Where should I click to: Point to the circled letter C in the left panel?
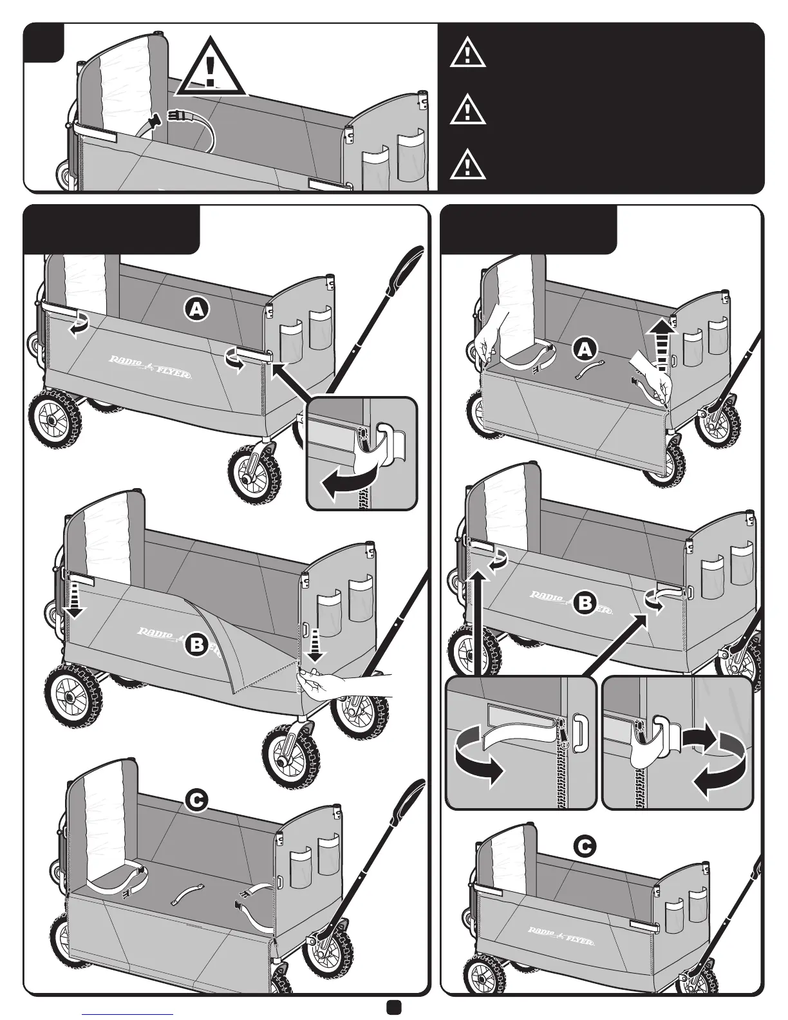point(198,800)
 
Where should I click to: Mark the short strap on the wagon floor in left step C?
point(187,893)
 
